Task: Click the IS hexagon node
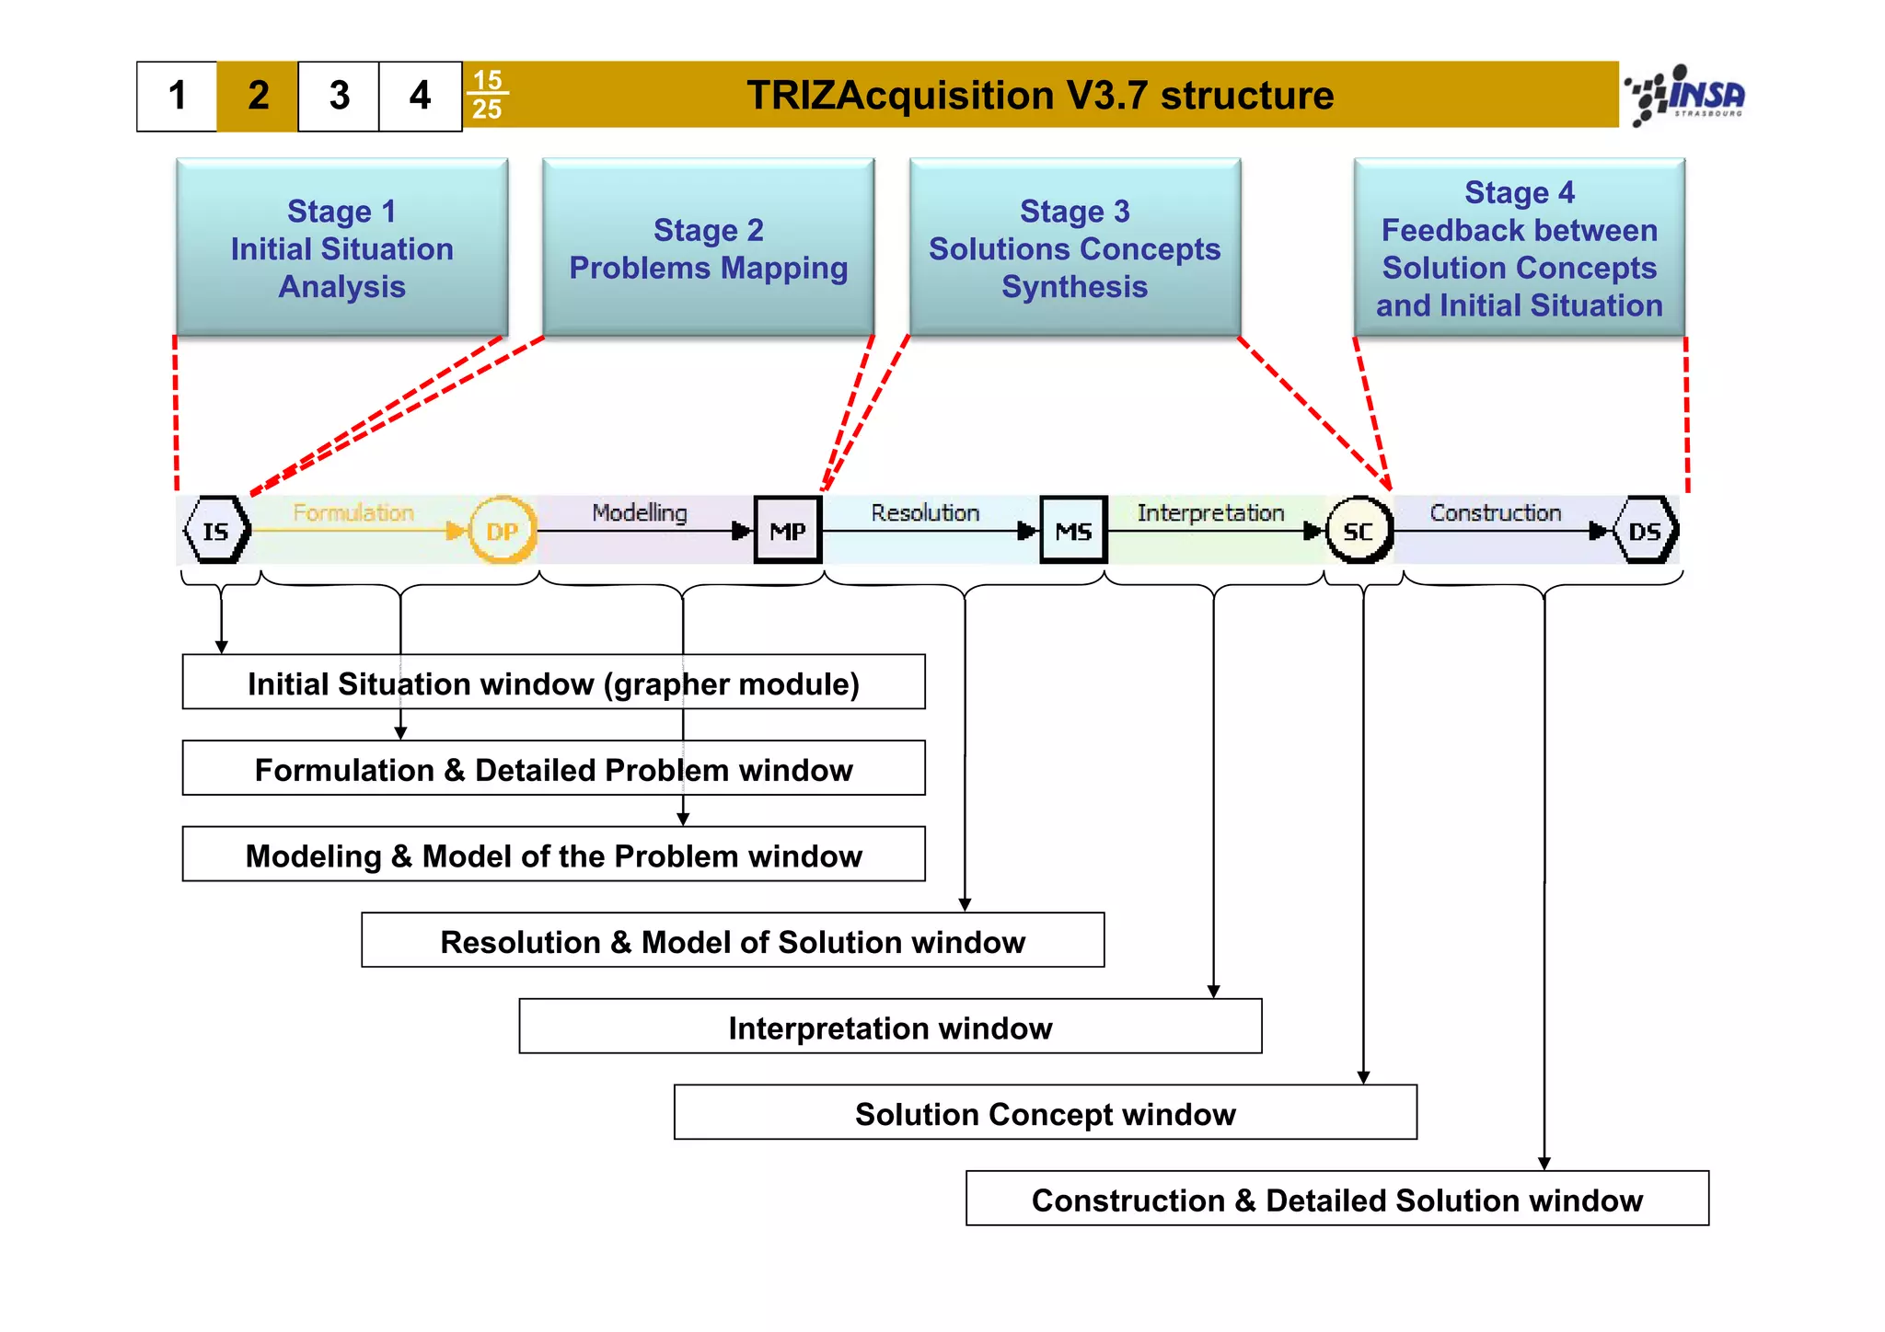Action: [x=216, y=531]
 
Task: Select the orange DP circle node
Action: [x=503, y=531]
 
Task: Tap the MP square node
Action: [x=788, y=531]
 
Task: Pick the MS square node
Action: [x=1073, y=531]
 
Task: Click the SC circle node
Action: [x=1359, y=531]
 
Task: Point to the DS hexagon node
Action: [x=1646, y=531]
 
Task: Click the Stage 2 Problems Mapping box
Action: [x=708, y=248]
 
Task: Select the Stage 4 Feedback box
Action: [x=1519, y=248]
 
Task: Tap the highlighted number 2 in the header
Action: [x=258, y=96]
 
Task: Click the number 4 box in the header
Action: [x=420, y=96]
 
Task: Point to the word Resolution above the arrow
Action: [x=925, y=512]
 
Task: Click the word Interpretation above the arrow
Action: [x=1210, y=512]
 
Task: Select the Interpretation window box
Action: [x=890, y=1027]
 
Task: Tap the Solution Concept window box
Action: [x=1045, y=1113]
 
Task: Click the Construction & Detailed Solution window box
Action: [x=1336, y=1199]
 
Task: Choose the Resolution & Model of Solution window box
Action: [x=733, y=941]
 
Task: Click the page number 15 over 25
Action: [x=487, y=95]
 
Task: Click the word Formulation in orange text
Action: [x=353, y=512]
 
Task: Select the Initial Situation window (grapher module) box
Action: [x=553, y=683]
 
